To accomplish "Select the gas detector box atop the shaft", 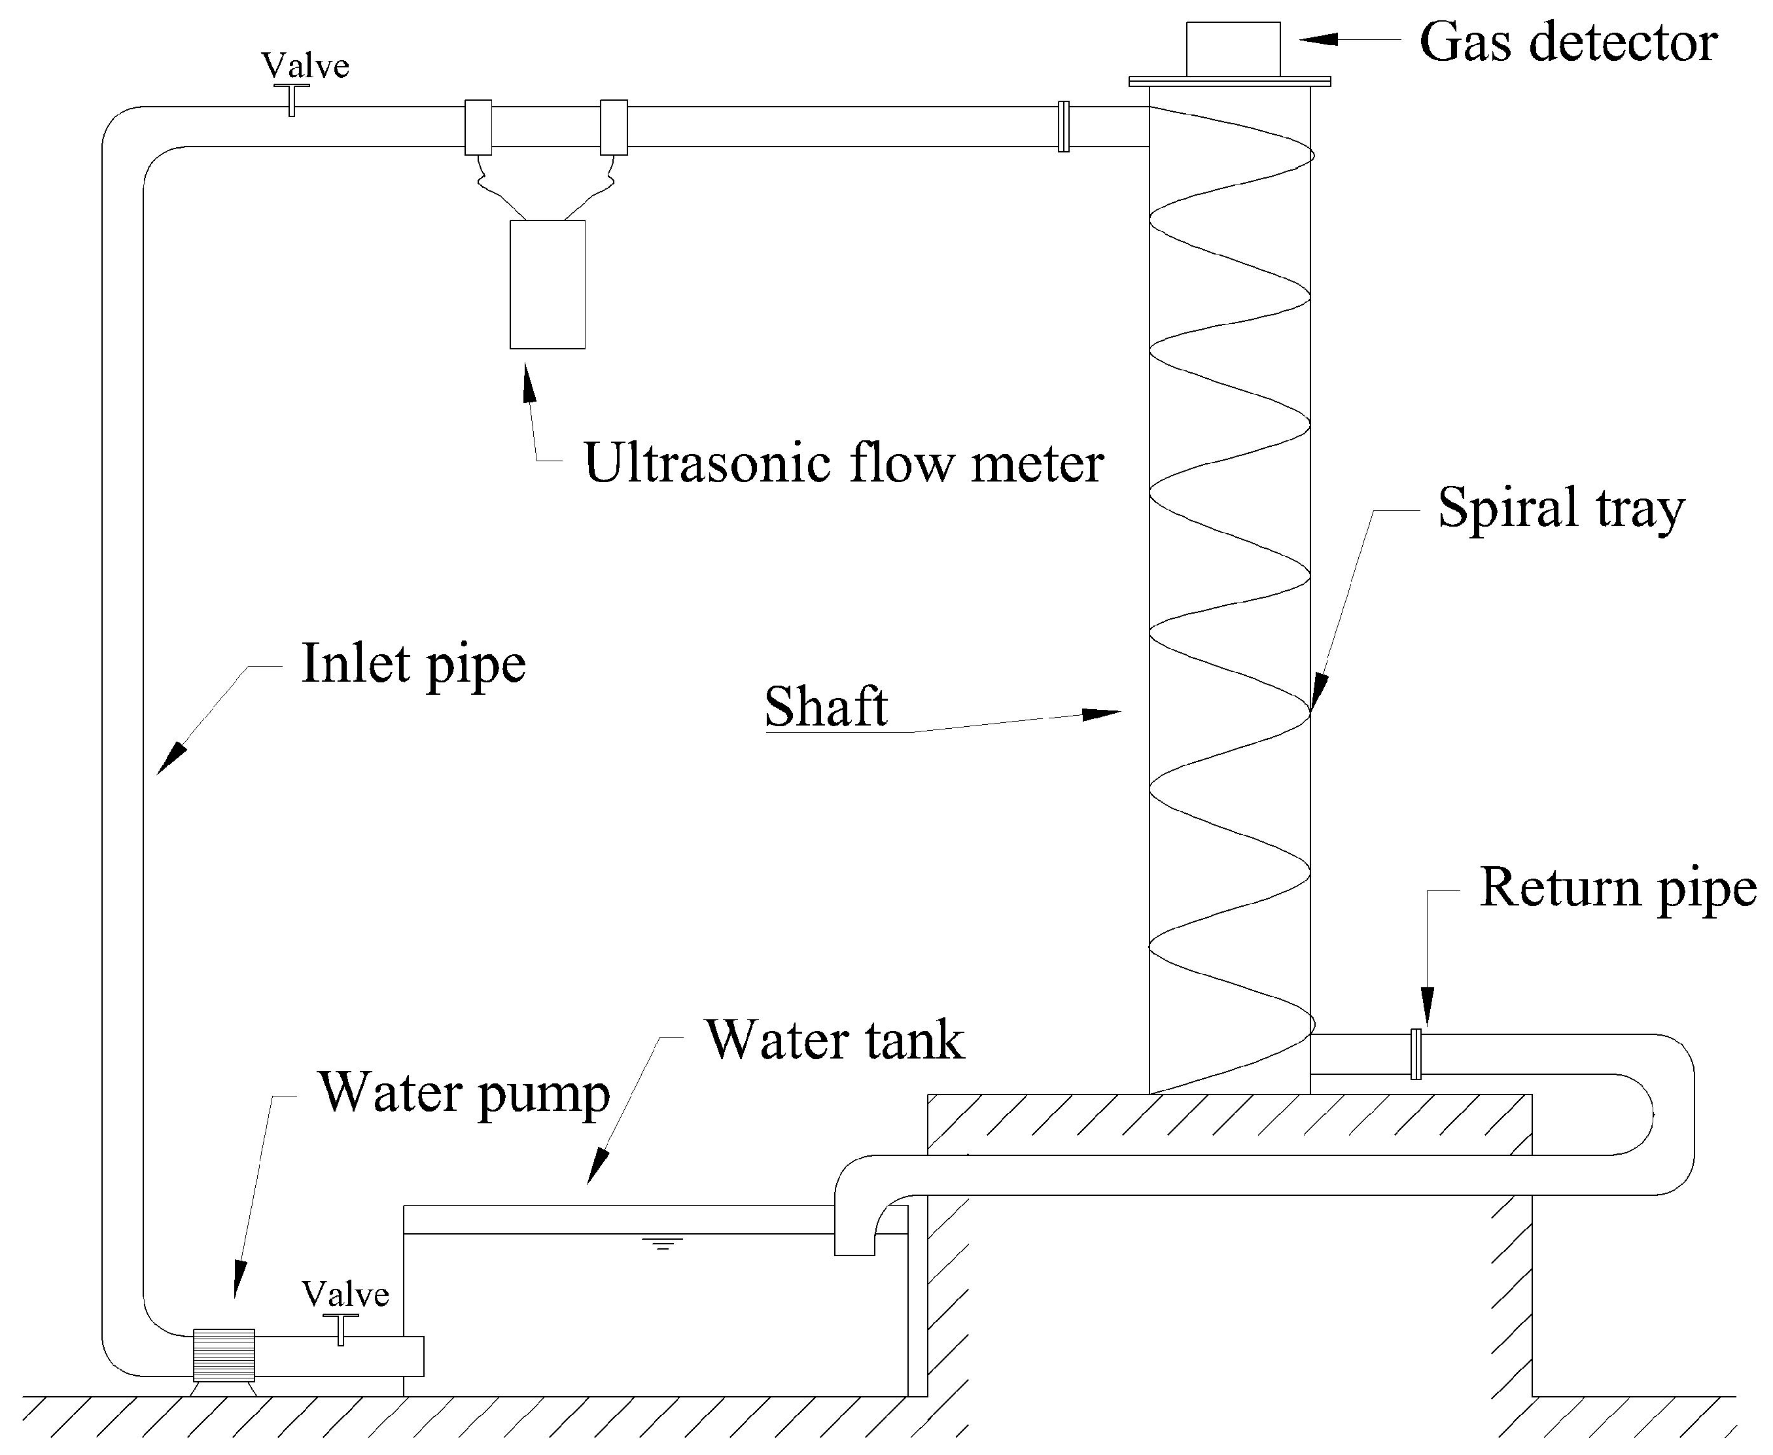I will [1233, 48].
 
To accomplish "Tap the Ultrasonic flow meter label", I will [843, 463].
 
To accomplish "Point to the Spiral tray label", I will [1560, 509].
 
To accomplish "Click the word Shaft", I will [826, 707].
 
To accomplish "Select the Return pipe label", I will [1618, 888].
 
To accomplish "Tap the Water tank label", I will [835, 1041].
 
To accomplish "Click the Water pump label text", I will [465, 1094].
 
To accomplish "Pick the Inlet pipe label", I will [413, 665].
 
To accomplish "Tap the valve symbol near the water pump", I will [340, 1329].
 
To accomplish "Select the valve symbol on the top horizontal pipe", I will [291, 99].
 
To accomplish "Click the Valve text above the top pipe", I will [304, 65].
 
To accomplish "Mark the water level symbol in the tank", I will [661, 1243].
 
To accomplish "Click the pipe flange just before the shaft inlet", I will [1063, 126].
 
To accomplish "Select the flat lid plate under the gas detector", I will [1229, 81].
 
